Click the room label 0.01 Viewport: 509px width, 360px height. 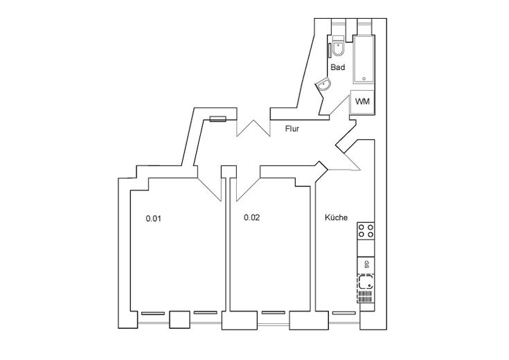click(153, 219)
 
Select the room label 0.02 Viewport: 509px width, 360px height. click(251, 217)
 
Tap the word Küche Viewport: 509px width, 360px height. click(336, 217)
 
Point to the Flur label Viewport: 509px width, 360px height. click(292, 129)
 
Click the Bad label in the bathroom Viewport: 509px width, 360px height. click(337, 68)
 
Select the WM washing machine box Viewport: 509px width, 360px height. click(362, 101)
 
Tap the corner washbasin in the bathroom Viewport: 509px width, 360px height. click(325, 85)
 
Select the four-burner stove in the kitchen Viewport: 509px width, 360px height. click(366, 231)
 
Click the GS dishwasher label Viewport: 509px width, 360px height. click(366, 264)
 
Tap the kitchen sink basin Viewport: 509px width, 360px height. click(366, 282)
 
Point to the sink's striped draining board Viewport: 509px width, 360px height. click(366, 297)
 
